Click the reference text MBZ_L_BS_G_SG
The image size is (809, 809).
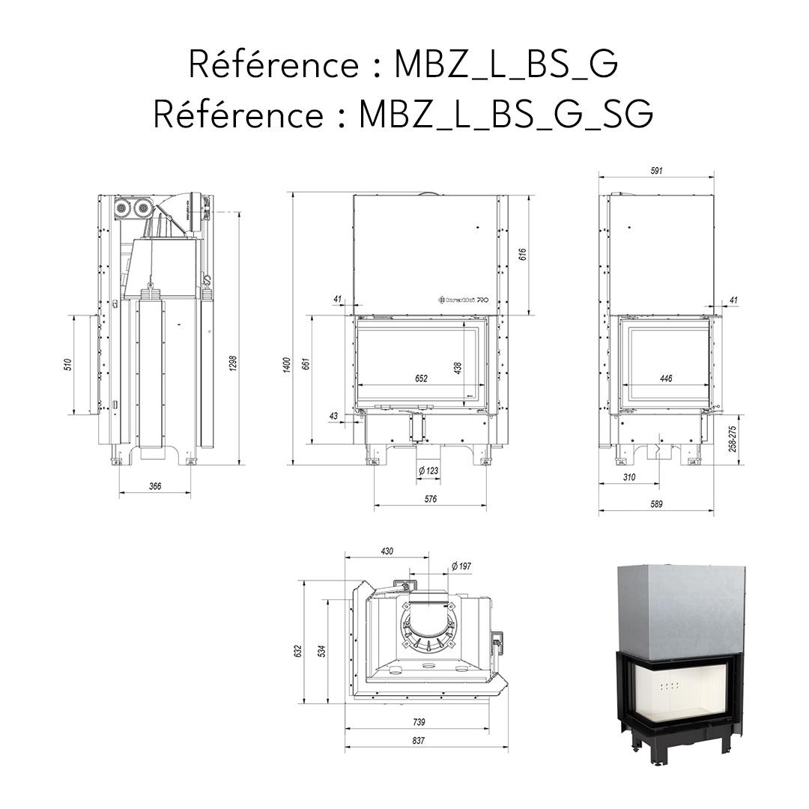click(x=403, y=115)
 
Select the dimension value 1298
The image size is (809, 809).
click(x=233, y=363)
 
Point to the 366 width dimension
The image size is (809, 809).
click(x=154, y=486)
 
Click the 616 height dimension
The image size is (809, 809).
click(x=522, y=255)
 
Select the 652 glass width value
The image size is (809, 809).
click(x=421, y=379)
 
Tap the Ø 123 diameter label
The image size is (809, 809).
click(x=428, y=470)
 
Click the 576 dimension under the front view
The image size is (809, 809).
click(x=430, y=498)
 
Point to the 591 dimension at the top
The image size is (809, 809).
click(x=656, y=171)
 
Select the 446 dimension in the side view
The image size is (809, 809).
click(x=665, y=379)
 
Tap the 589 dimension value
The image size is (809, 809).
click(x=656, y=504)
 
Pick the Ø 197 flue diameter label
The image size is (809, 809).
click(x=461, y=567)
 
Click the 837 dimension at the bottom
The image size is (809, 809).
click(x=418, y=741)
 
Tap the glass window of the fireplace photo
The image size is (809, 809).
click(x=680, y=691)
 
